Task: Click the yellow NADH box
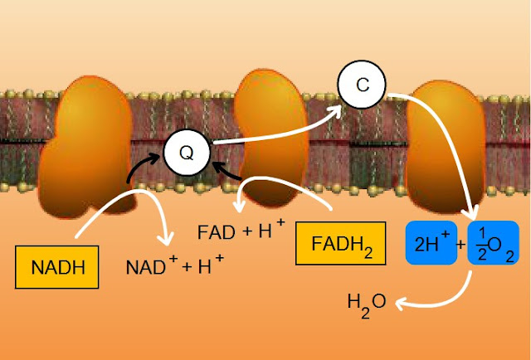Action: tap(53, 266)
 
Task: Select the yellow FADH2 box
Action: tap(340, 243)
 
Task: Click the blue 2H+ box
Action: tap(432, 243)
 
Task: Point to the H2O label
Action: tap(366, 302)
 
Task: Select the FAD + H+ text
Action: tap(241, 231)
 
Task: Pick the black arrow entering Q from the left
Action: tap(141, 166)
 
